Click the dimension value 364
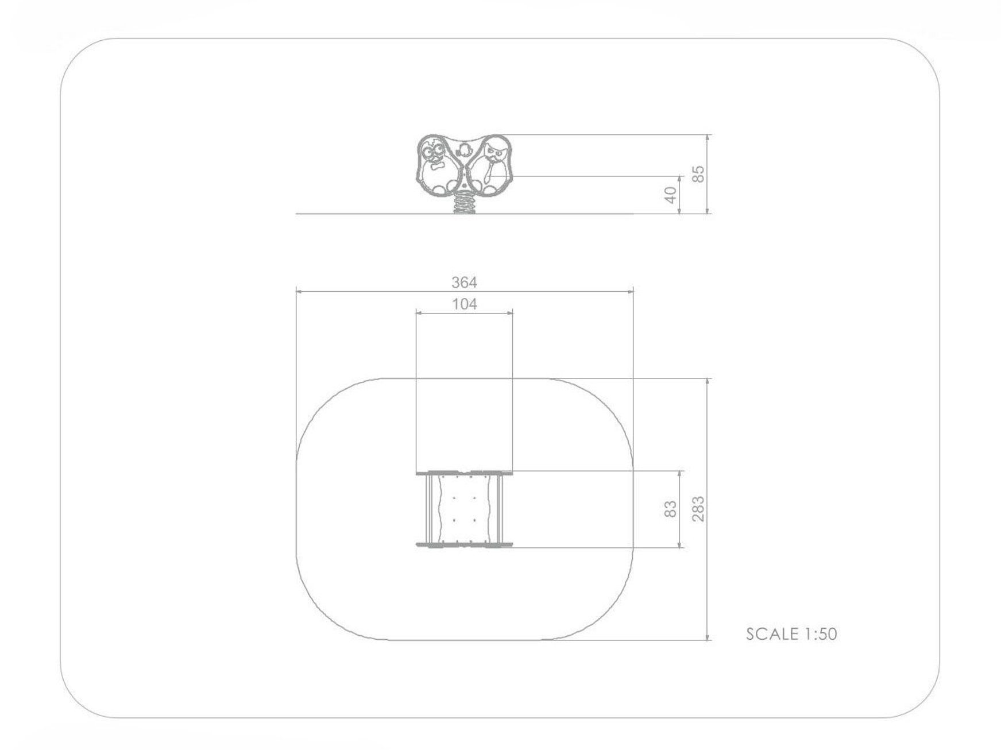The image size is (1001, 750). [x=464, y=283]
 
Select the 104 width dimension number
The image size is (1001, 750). [x=465, y=304]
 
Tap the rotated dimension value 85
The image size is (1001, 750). [x=698, y=174]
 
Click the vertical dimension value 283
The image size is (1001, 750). [x=698, y=509]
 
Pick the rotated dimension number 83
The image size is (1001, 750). [x=670, y=509]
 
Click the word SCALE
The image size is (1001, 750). [x=772, y=634]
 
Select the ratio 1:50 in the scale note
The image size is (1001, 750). [x=820, y=634]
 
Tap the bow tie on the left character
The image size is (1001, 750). [x=437, y=167]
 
